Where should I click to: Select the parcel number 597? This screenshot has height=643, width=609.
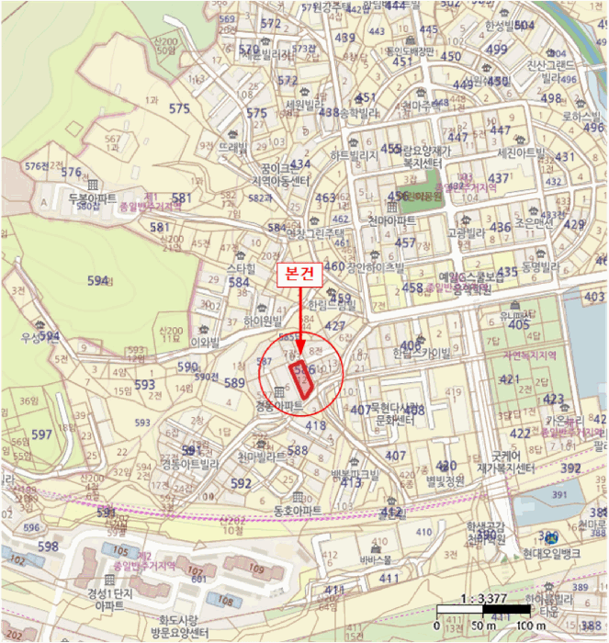tap(41, 434)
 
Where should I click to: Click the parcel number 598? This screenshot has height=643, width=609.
tap(48, 546)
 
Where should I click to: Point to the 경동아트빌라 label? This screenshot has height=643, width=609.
tap(191, 464)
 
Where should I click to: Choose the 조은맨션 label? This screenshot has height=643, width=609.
tap(534, 222)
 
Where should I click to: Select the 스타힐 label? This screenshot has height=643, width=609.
tap(241, 267)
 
